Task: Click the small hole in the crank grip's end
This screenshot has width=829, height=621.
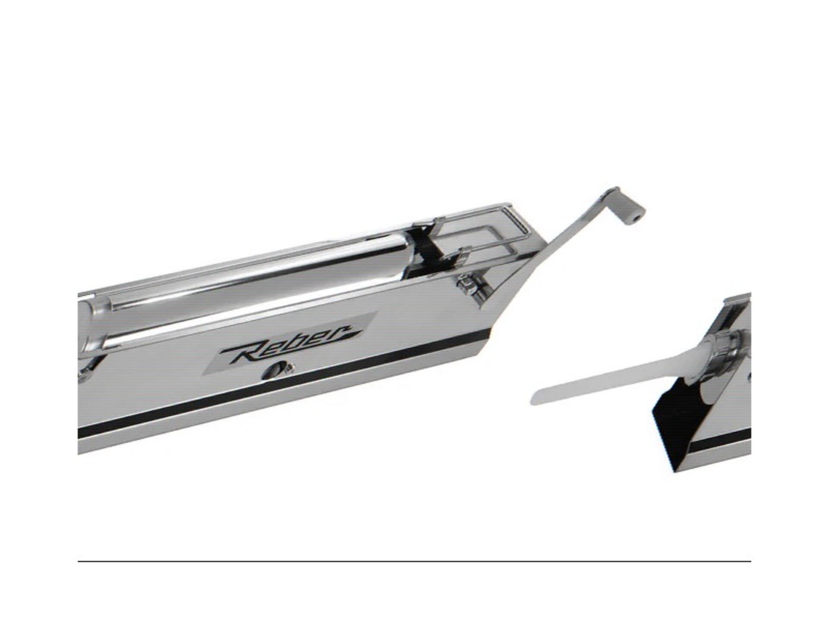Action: point(637,219)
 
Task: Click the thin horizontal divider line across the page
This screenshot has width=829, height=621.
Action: point(414,561)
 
